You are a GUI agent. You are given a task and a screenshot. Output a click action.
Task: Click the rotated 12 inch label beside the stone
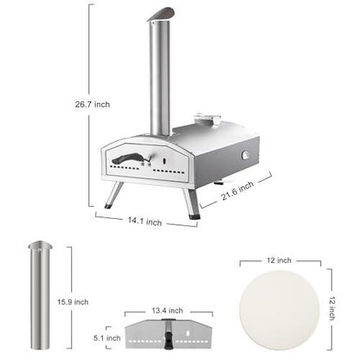(344, 305)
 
